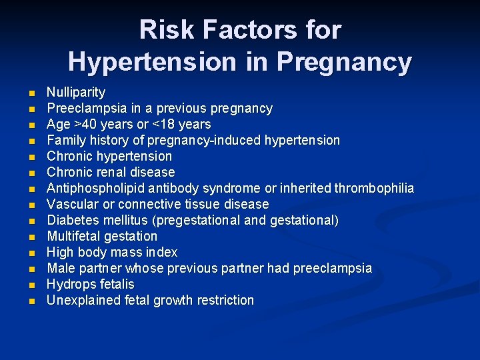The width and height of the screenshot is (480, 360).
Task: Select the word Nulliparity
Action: pyautogui.click(x=75, y=92)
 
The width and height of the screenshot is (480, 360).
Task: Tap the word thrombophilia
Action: pyautogui.click(x=373, y=188)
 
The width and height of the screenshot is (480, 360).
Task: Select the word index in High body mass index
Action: pyautogui.click(x=161, y=252)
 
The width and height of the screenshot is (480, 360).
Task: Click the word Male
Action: pyautogui.click(x=59, y=268)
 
